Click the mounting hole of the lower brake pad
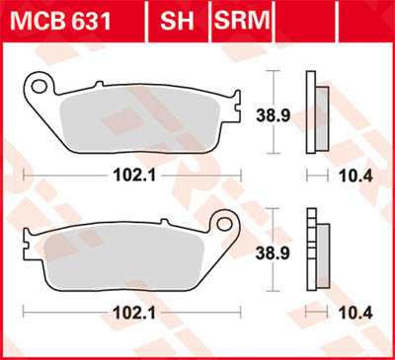click(x=226, y=224)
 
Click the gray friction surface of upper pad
click(x=138, y=118)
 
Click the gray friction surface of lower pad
click(x=128, y=254)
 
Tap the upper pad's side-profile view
click(x=316, y=114)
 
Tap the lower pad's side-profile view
click(x=316, y=252)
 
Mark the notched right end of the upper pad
click(x=235, y=99)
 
